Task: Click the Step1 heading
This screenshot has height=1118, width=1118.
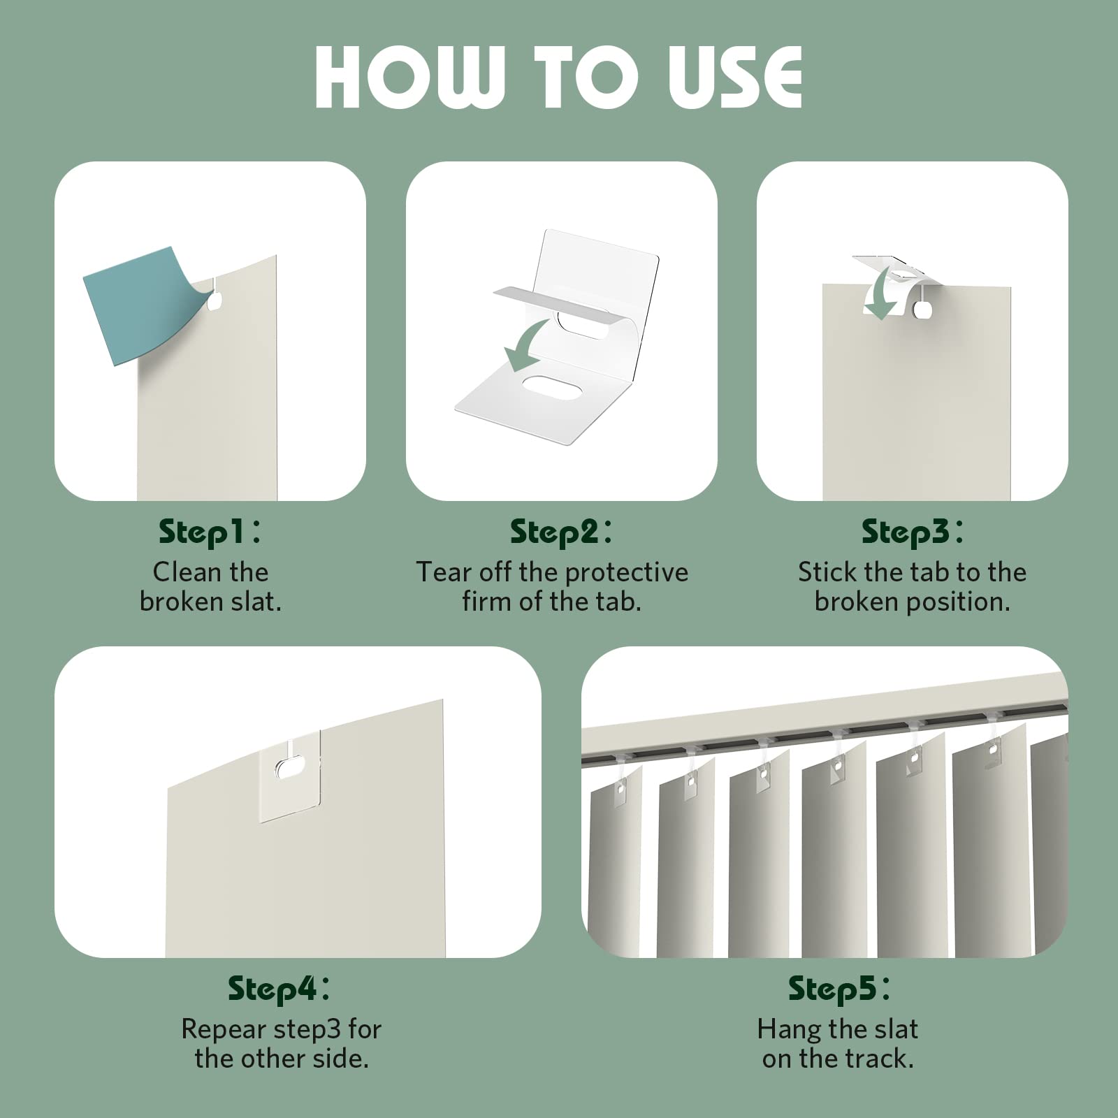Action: pyautogui.click(x=209, y=532)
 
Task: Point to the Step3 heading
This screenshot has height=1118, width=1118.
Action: pyautogui.click(x=912, y=532)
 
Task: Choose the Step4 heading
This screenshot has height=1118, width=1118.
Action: pyautogui.click(x=279, y=989)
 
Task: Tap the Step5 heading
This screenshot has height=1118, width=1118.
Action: pyautogui.click(x=838, y=989)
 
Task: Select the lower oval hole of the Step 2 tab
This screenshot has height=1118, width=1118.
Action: pyautogui.click(x=548, y=388)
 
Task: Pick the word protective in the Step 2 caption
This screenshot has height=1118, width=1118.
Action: pyautogui.click(x=627, y=573)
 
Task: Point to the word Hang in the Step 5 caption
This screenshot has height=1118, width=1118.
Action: pyautogui.click(x=785, y=1030)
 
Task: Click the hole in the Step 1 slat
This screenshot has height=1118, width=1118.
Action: pyautogui.click(x=215, y=301)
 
